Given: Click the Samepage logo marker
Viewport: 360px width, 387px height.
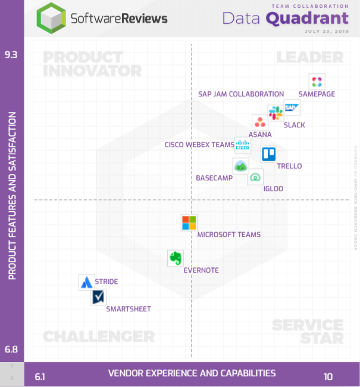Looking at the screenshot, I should pyautogui.click(x=317, y=82).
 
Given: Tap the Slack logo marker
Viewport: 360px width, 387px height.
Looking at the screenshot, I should pyautogui.click(x=276, y=113).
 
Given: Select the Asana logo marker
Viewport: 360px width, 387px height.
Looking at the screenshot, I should pyautogui.click(x=260, y=122).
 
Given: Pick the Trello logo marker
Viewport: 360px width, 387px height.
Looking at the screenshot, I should pyautogui.click(x=269, y=154).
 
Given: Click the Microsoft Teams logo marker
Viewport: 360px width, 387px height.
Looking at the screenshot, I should pyautogui.click(x=189, y=223).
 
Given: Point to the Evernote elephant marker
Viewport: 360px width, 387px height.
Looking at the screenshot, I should pyautogui.click(x=175, y=258).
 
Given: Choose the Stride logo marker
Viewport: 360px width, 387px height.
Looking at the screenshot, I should pyautogui.click(x=87, y=282).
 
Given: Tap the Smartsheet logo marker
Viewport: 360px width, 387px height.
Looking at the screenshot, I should pyautogui.click(x=98, y=297).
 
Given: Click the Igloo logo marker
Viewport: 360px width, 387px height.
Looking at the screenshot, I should pyautogui.click(x=255, y=177).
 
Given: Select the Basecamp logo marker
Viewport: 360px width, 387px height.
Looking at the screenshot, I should pyautogui.click(x=240, y=166).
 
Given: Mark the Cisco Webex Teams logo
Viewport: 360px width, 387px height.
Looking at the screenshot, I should pyautogui.click(x=243, y=145).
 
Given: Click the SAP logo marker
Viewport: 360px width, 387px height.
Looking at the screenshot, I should pyautogui.click(x=292, y=107).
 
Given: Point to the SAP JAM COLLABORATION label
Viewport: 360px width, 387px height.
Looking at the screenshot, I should pyautogui.click(x=241, y=94).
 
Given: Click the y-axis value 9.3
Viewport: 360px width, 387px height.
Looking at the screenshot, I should pyautogui.click(x=11, y=55).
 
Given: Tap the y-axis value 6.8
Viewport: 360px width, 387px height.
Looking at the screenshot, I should pyautogui.click(x=11, y=349).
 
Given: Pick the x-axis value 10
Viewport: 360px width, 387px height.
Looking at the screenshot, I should pyautogui.click(x=328, y=376).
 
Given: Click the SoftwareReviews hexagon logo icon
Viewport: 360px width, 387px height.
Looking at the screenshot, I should pyautogui.click(x=51, y=18).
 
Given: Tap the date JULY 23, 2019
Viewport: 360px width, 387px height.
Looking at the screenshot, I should pyautogui.click(x=326, y=31).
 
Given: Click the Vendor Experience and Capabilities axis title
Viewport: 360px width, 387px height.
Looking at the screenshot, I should pyautogui.click(x=192, y=373).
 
